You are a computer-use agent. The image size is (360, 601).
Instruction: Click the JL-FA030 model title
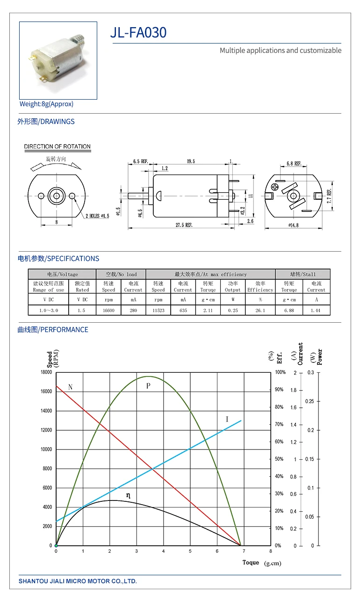tap(138, 33)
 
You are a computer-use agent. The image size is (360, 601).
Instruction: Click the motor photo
tap(58, 60)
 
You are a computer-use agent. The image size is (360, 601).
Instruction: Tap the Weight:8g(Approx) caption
tap(46, 104)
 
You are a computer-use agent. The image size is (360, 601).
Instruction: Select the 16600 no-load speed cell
tap(108, 310)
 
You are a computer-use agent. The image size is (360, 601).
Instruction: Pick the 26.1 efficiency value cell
tap(260, 310)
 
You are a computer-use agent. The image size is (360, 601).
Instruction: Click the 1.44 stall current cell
tap(316, 310)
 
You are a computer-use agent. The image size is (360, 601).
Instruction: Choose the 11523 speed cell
tap(158, 310)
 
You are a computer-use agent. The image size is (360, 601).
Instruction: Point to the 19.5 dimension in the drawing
tap(191, 161)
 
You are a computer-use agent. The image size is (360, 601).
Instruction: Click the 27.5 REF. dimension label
tap(184, 225)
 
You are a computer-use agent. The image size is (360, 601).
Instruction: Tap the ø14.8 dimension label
tap(294, 225)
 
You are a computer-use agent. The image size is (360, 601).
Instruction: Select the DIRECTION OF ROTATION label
tap(58, 146)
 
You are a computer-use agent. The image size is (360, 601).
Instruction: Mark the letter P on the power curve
tap(148, 386)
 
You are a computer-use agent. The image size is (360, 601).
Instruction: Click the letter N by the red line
tap(71, 387)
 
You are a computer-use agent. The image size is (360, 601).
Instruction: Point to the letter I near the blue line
tap(227, 419)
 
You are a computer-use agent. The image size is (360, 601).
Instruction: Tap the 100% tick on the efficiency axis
tap(280, 372)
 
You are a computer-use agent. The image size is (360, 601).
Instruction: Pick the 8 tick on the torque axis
tap(271, 551)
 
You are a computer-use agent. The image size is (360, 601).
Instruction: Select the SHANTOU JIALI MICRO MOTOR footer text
tap(78, 581)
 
